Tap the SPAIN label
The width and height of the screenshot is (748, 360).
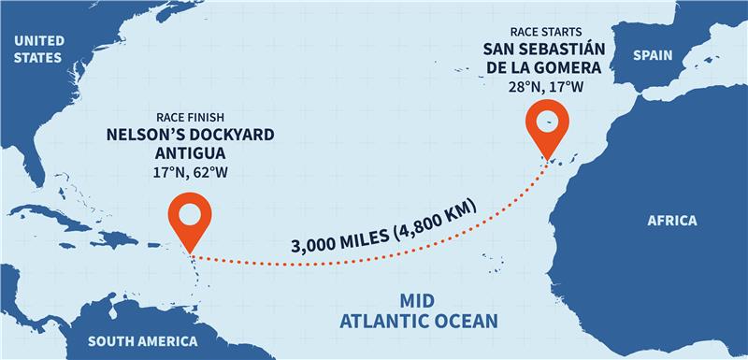(653, 55)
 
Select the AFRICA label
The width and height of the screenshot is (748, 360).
(672, 221)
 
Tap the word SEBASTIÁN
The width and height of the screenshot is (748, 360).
(573, 48)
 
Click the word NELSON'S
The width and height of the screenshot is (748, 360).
(143, 136)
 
